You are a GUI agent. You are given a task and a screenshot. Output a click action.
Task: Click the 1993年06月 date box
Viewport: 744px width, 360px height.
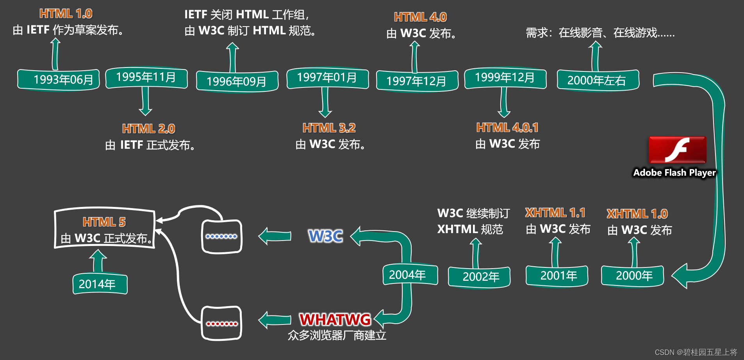[x=59, y=80]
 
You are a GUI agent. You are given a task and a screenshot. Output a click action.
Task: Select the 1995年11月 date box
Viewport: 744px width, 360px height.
[x=146, y=77]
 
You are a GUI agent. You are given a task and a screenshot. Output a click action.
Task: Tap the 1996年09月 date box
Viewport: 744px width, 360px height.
[x=237, y=81]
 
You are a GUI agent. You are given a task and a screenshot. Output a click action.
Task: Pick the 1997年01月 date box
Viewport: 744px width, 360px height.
[x=327, y=78]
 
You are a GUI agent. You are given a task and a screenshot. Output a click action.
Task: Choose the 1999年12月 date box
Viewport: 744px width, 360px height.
[x=505, y=78]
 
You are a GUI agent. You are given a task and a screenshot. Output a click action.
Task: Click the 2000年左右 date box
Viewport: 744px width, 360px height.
[x=598, y=80]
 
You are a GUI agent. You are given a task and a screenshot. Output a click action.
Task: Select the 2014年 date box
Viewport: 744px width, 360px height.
[x=100, y=283]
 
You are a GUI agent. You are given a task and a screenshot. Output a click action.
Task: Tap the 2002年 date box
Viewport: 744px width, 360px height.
[x=479, y=277]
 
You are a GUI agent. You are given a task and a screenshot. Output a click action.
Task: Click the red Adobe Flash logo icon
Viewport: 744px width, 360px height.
[x=677, y=150]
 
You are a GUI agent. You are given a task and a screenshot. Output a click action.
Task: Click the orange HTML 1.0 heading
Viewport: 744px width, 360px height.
[x=66, y=14]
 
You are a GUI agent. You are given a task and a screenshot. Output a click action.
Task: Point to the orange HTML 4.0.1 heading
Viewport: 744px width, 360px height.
[x=507, y=128]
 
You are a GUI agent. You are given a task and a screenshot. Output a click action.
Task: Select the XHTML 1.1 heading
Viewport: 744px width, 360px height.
[x=555, y=213]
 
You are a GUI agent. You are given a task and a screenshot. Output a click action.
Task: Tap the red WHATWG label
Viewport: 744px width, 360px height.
[x=335, y=319]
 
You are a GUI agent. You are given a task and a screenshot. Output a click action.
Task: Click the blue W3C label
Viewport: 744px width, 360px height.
[x=325, y=236]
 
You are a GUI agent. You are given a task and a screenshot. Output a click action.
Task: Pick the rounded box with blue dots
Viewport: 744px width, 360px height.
[x=221, y=237]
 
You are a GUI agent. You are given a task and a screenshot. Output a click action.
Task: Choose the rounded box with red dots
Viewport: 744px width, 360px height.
[x=221, y=323]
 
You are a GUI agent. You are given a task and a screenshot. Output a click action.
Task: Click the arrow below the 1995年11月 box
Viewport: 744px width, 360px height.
[x=145, y=101]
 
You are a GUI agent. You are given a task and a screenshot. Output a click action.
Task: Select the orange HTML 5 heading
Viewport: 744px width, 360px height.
[x=104, y=222]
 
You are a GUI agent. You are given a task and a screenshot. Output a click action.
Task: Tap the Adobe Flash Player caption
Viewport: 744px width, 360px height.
[x=674, y=173]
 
